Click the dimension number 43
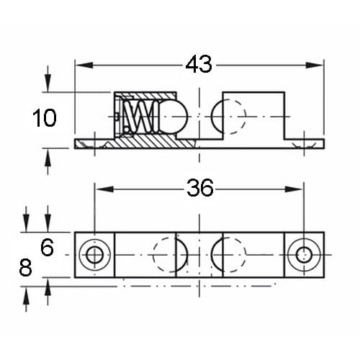pos(199,64)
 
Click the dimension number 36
pos(200,188)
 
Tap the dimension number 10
pos(45,118)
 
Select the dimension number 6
pos(47,248)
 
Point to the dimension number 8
pos(25,267)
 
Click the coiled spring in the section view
pos(141,117)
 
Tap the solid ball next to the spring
pos(173,117)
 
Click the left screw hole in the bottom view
pos(95,255)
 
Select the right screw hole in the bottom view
pos(304,255)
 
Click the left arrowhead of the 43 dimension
pos(84,65)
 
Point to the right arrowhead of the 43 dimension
pos(315,65)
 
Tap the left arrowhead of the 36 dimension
pos(104,189)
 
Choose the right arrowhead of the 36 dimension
pos(294,189)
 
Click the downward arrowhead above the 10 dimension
pos(48,83)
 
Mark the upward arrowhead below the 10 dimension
pos(48,157)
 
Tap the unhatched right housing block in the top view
pos(254,115)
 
